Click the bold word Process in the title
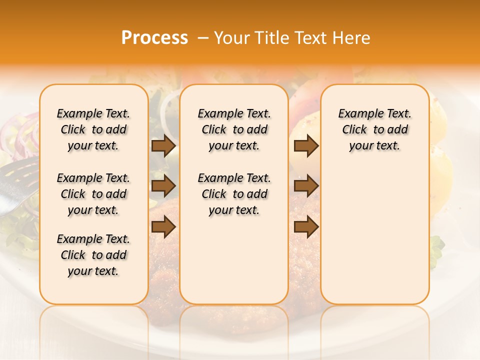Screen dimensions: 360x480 pos(154,38)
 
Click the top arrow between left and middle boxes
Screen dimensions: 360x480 pos(163,145)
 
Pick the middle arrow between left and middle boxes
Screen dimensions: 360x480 pos(163,186)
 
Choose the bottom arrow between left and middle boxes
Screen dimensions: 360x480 pos(163,227)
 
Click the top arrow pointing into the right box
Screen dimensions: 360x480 pos(306,145)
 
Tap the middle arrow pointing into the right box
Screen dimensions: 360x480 pos(306,186)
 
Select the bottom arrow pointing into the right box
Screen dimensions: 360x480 pos(306,227)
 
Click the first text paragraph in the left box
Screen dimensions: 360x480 pos(93,129)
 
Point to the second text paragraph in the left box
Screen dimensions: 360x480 pos(93,194)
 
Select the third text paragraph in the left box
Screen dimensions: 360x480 pos(93,255)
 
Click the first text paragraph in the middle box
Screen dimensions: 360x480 pos(234,129)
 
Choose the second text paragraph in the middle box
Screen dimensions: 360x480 pos(234,194)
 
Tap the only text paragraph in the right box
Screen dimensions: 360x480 pos(374,129)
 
